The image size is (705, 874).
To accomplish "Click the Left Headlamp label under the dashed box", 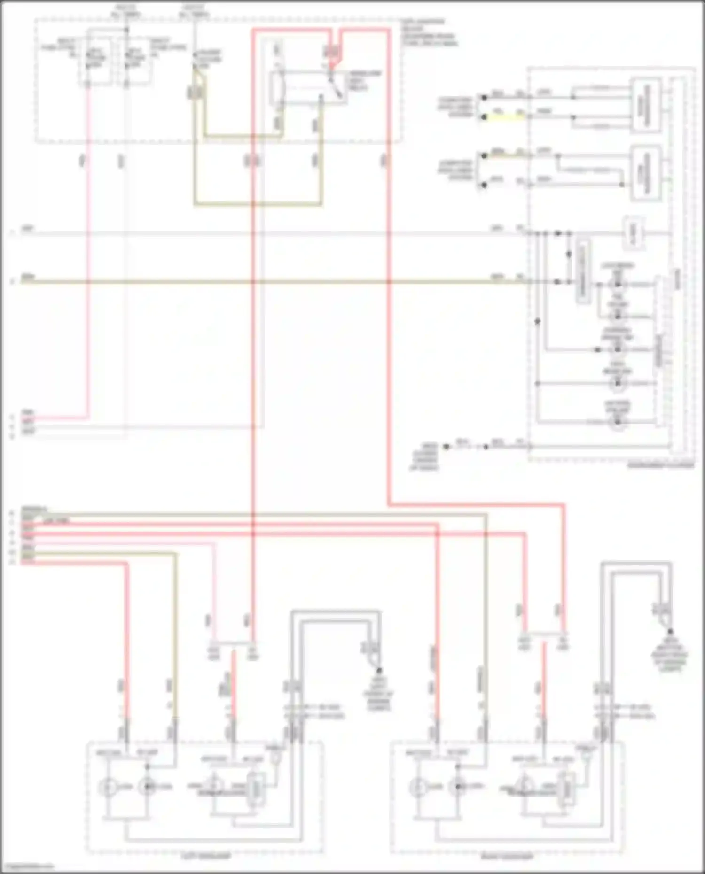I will (206, 856).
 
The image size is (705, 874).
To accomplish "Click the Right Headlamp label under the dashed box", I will (508, 856).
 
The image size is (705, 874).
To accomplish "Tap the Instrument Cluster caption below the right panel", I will (660, 465).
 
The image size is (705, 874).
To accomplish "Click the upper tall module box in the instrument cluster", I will (646, 106).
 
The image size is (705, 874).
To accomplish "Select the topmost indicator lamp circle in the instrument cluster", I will (618, 284).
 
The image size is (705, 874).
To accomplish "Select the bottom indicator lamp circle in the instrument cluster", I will (618, 421).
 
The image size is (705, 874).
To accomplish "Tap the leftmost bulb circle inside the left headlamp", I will (108, 787).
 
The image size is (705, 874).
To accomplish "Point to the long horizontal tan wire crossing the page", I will (282, 282).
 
